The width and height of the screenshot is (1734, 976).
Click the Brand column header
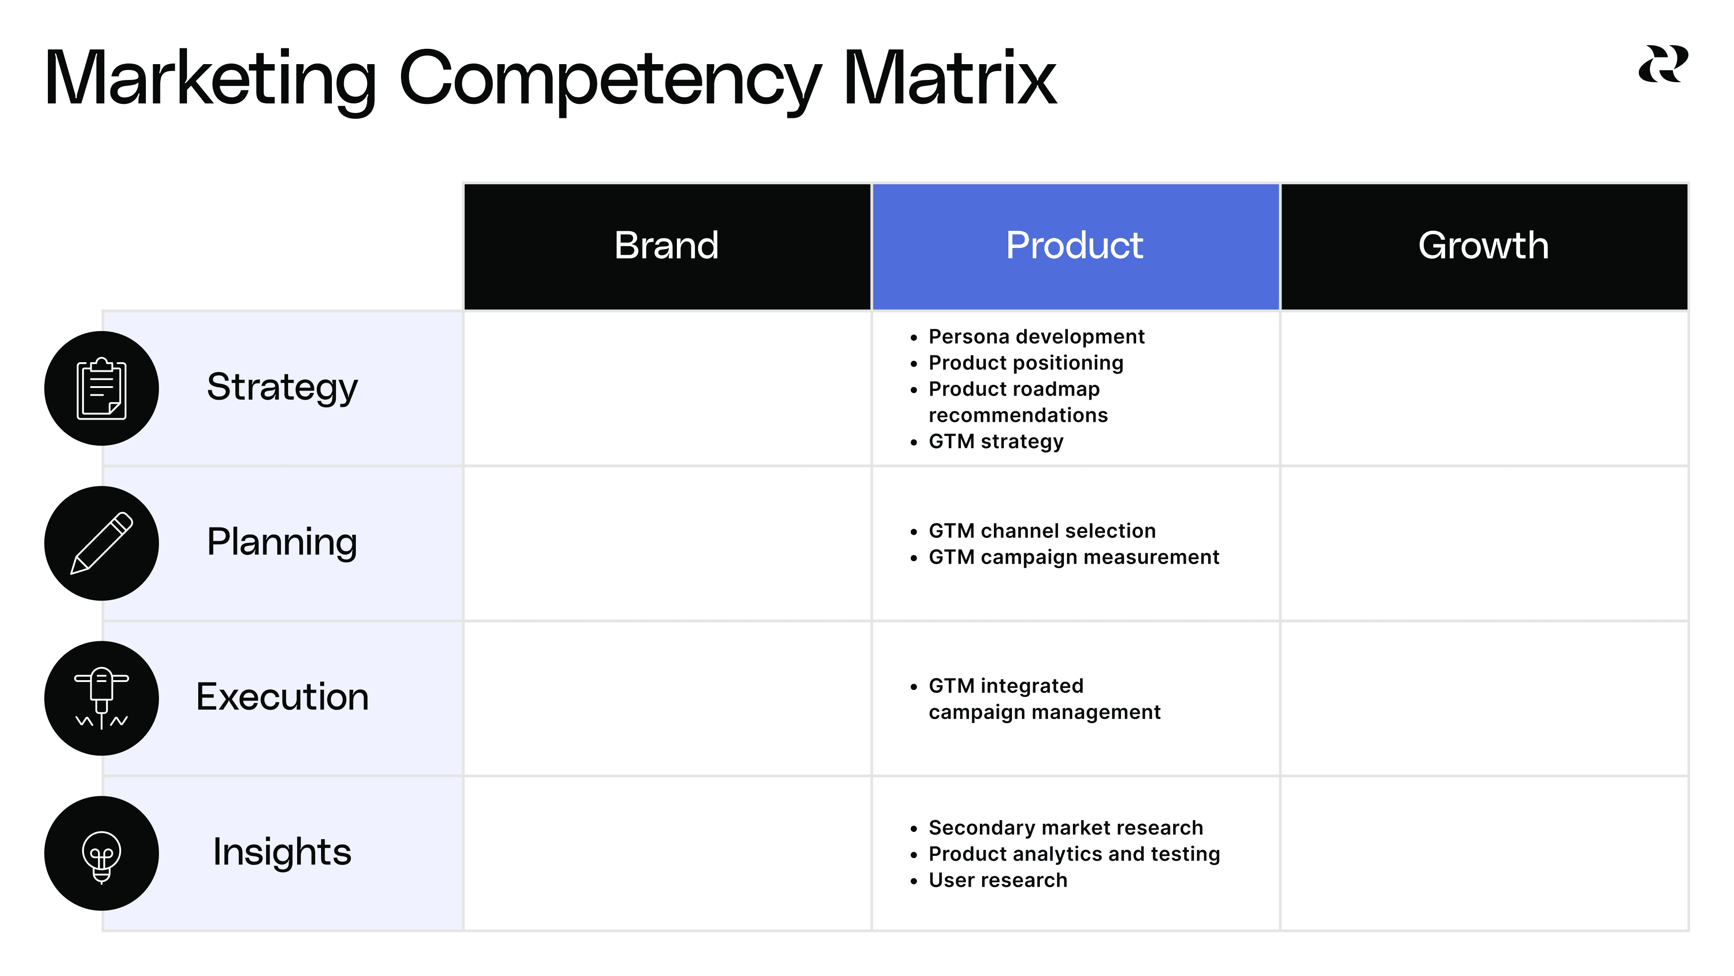667,246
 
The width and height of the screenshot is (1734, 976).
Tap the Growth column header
1483,246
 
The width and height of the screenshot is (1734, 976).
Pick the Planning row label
282,542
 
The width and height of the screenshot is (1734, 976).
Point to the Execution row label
282,697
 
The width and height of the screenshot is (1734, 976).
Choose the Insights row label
282,852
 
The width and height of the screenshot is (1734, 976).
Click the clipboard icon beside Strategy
102,388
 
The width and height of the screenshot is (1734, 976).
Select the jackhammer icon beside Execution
102,698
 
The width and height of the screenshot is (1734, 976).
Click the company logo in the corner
1663,65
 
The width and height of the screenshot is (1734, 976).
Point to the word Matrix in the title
949,79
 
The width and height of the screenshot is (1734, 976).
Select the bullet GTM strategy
996,442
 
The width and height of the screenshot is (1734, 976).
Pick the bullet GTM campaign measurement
1074,557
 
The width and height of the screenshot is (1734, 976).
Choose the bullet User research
998,880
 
